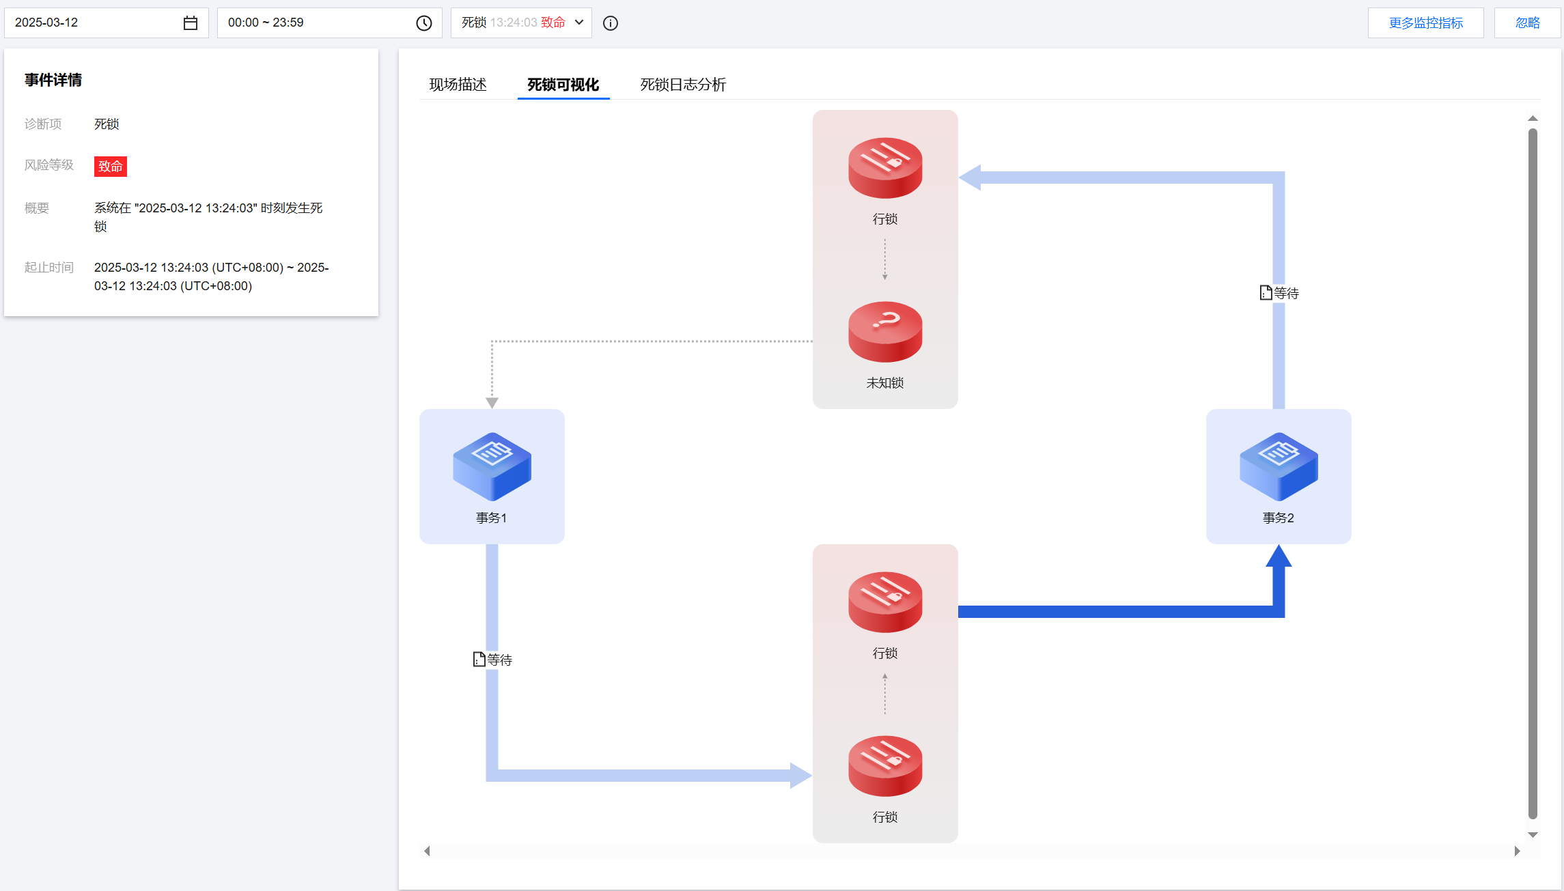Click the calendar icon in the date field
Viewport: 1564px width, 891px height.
191,23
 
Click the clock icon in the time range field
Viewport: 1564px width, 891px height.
424,23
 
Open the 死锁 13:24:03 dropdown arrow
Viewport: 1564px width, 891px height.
579,23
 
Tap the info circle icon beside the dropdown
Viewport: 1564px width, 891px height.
611,23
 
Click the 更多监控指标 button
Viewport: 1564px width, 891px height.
1425,23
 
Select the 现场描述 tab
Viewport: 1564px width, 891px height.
458,85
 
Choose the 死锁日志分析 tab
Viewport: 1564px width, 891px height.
683,85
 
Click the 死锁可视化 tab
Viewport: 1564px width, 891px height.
563,85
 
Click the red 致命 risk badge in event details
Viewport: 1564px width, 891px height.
111,166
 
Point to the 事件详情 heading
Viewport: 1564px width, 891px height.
53,80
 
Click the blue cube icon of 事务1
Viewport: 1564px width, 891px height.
492,466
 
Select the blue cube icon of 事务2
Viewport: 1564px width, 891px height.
1279,466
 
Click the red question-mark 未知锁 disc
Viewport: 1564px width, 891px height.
885,332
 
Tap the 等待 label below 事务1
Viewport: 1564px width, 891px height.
492,660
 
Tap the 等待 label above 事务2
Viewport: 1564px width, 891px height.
1279,293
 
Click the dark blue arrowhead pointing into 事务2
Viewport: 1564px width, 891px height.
1279,556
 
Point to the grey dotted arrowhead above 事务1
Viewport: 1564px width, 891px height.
492,403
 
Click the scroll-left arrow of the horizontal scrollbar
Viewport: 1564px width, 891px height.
427,851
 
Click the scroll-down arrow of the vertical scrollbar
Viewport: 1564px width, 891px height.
1533,834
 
